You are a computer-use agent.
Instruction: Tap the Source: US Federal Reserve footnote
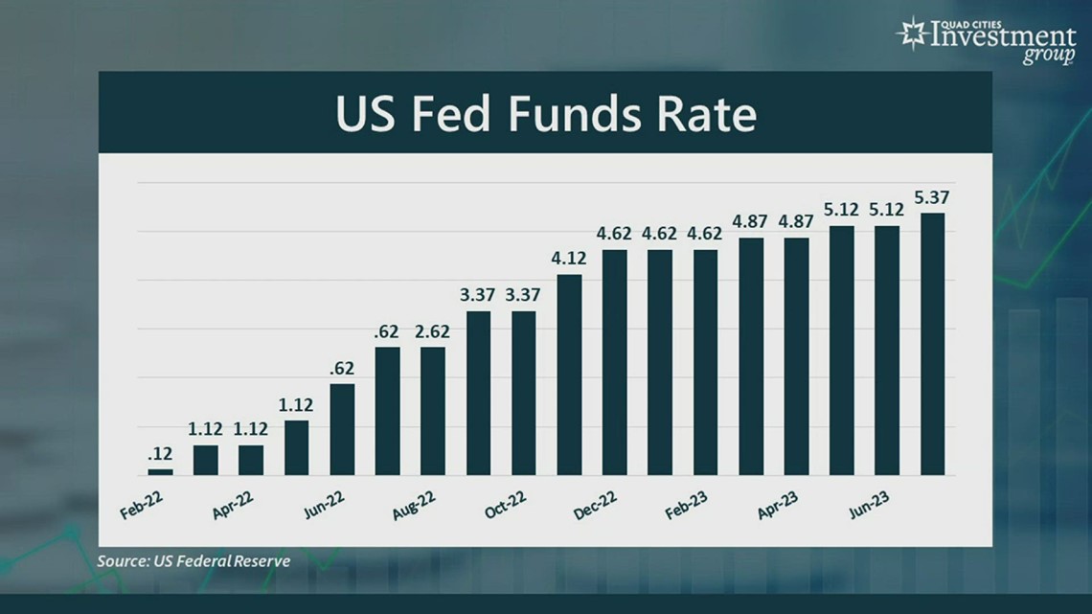click(193, 561)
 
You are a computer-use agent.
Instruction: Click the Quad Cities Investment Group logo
click(987, 39)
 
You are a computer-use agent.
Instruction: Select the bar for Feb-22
click(161, 472)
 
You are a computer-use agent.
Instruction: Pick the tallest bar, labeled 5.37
click(932, 344)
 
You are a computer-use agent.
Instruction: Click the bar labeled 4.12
click(569, 375)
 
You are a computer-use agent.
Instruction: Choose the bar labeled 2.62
click(433, 411)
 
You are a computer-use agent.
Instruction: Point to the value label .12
click(160, 454)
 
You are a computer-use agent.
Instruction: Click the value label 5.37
click(932, 198)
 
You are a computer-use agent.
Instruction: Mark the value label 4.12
click(569, 260)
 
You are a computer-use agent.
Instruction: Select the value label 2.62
click(433, 331)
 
